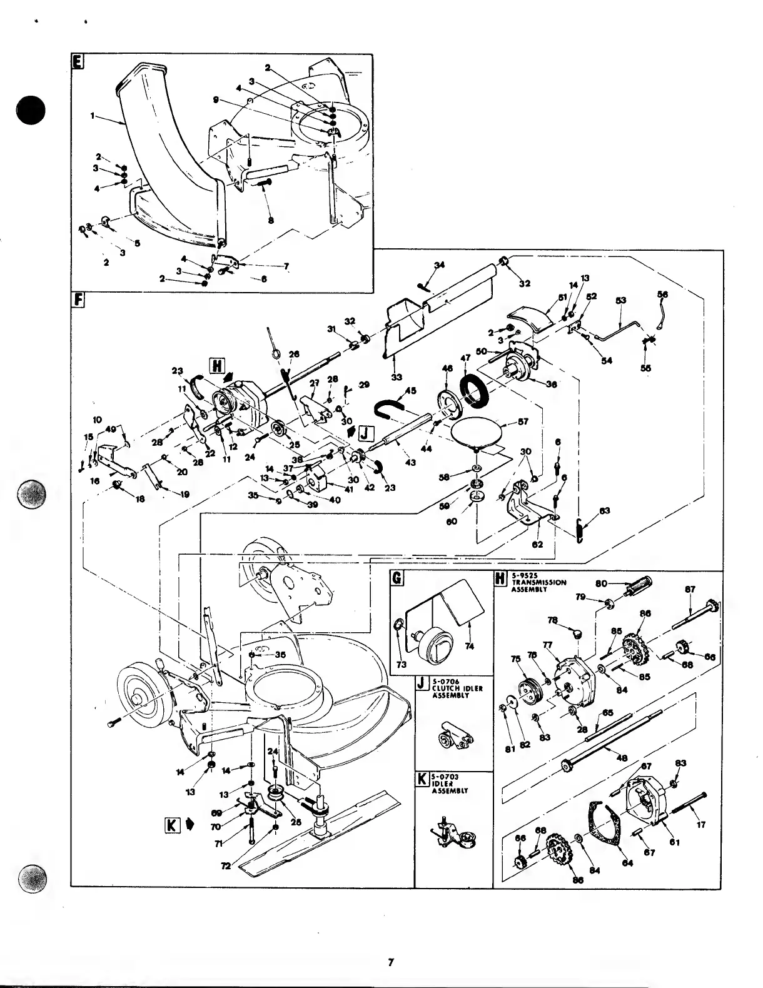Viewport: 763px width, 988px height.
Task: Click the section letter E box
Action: tap(77, 61)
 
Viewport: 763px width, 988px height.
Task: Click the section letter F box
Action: tap(78, 300)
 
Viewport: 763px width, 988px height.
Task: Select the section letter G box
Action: tap(397, 578)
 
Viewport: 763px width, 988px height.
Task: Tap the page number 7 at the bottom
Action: tap(390, 962)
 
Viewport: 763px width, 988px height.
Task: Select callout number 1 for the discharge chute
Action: tap(93, 116)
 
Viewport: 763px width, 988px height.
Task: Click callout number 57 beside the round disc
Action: tap(523, 421)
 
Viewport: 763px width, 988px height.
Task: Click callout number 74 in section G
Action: tap(470, 646)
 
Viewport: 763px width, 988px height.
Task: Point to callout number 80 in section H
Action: tap(602, 583)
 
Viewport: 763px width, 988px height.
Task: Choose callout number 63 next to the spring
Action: tap(605, 511)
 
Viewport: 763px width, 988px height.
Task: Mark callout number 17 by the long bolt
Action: tap(701, 824)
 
